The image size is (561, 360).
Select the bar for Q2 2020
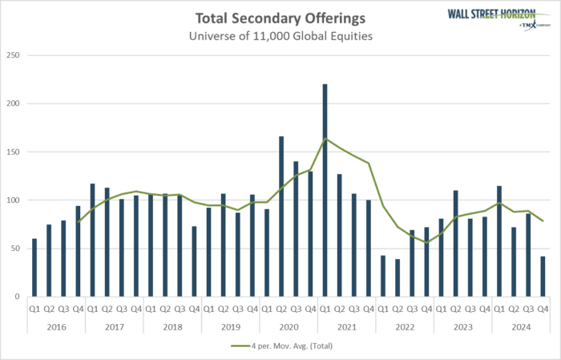click(x=281, y=216)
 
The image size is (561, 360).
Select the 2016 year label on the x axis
click(x=56, y=327)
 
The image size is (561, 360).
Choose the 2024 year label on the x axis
click(x=520, y=327)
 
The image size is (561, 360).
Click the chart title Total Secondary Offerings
click(x=280, y=18)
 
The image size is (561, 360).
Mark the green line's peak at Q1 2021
click(x=325, y=139)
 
